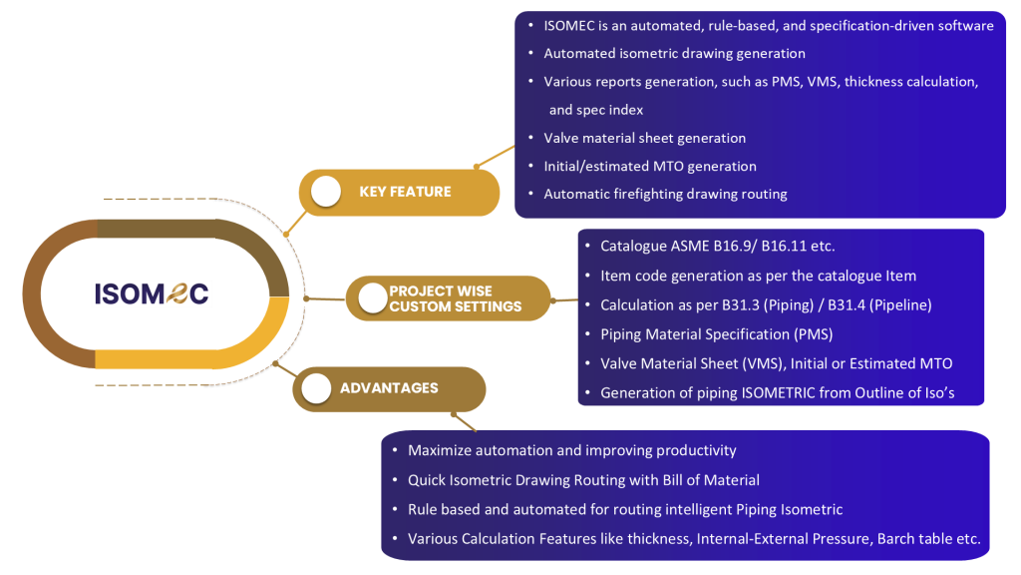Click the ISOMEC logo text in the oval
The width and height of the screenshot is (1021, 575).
point(152,293)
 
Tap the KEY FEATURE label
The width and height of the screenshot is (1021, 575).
point(405,192)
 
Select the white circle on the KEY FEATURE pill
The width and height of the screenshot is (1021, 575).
point(326,192)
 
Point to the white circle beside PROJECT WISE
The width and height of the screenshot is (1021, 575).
point(373,297)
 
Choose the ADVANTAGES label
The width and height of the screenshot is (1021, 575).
point(389,387)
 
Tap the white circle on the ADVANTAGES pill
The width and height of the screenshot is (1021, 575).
point(316,388)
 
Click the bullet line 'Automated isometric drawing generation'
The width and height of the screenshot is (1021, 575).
point(674,53)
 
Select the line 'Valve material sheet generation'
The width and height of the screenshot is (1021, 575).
point(644,138)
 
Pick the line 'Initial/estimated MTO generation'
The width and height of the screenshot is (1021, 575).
point(649,166)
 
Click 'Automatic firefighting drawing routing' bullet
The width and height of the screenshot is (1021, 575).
point(665,194)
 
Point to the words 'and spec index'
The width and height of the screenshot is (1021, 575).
point(596,110)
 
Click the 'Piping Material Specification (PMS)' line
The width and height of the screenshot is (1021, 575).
point(716,333)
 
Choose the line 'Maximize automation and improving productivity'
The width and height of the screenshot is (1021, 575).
point(571,450)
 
